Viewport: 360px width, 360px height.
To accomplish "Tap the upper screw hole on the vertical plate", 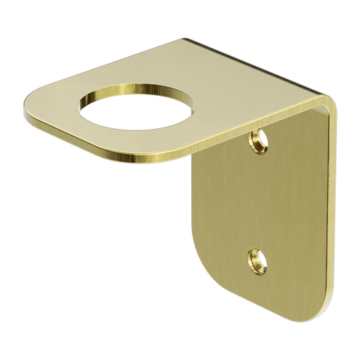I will [x=260, y=137].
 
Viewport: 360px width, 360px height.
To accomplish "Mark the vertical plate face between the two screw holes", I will [x=259, y=199].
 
